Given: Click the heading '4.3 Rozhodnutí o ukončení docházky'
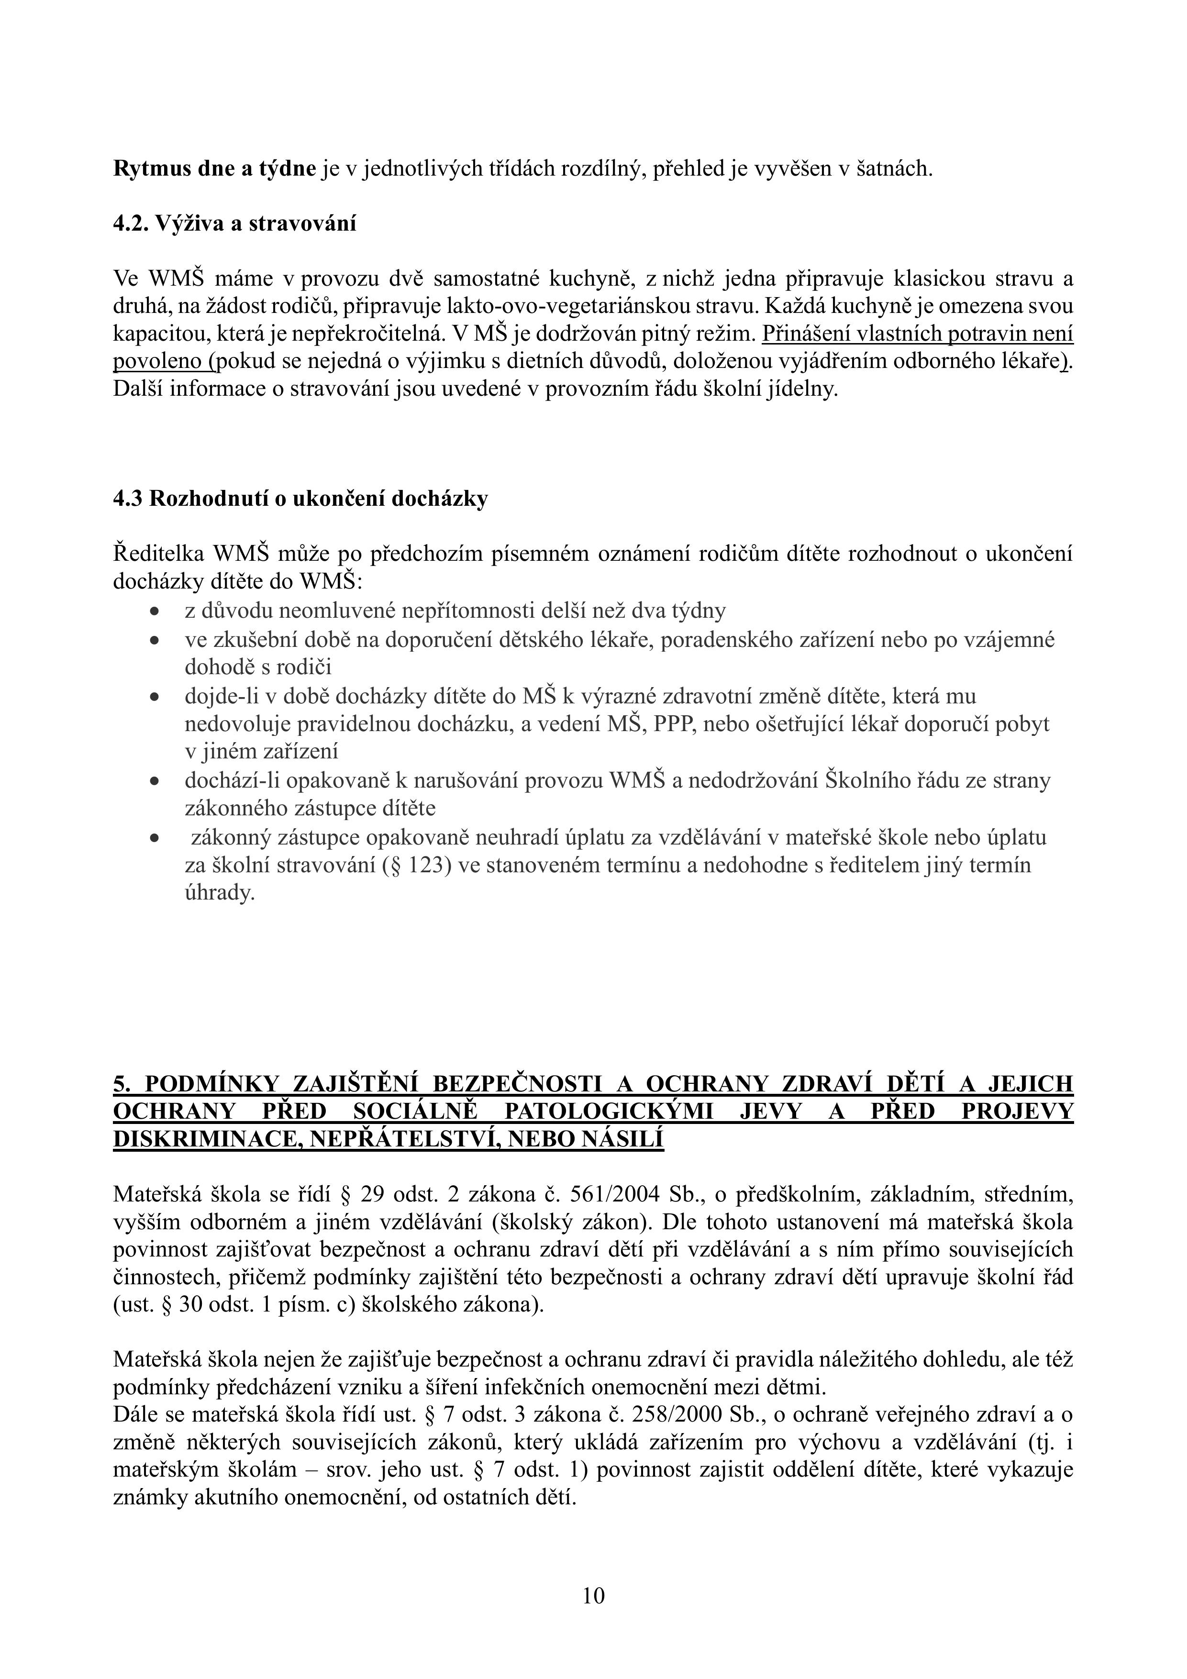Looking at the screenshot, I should click(x=300, y=499).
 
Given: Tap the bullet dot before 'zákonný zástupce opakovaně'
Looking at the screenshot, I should click(x=155, y=838).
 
